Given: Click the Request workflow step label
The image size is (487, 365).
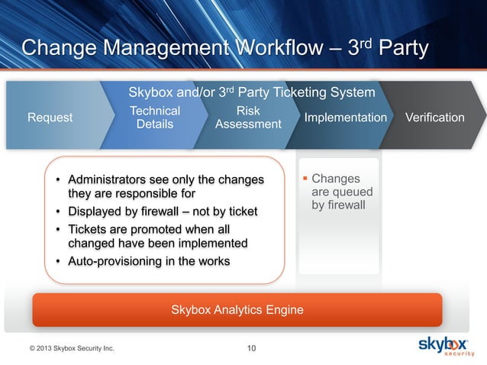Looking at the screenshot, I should [50, 118].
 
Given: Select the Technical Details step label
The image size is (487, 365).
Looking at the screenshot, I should [155, 118].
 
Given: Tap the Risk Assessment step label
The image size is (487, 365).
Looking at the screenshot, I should [248, 118].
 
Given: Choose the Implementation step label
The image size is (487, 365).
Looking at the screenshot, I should [345, 118].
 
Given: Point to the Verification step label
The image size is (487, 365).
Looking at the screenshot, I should [434, 118].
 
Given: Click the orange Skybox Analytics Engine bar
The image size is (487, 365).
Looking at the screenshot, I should [237, 309].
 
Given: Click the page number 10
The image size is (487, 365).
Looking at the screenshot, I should [252, 349].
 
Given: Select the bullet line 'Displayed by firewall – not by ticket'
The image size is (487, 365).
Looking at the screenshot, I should [163, 211].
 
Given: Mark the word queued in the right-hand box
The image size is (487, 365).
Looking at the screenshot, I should [353, 192].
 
